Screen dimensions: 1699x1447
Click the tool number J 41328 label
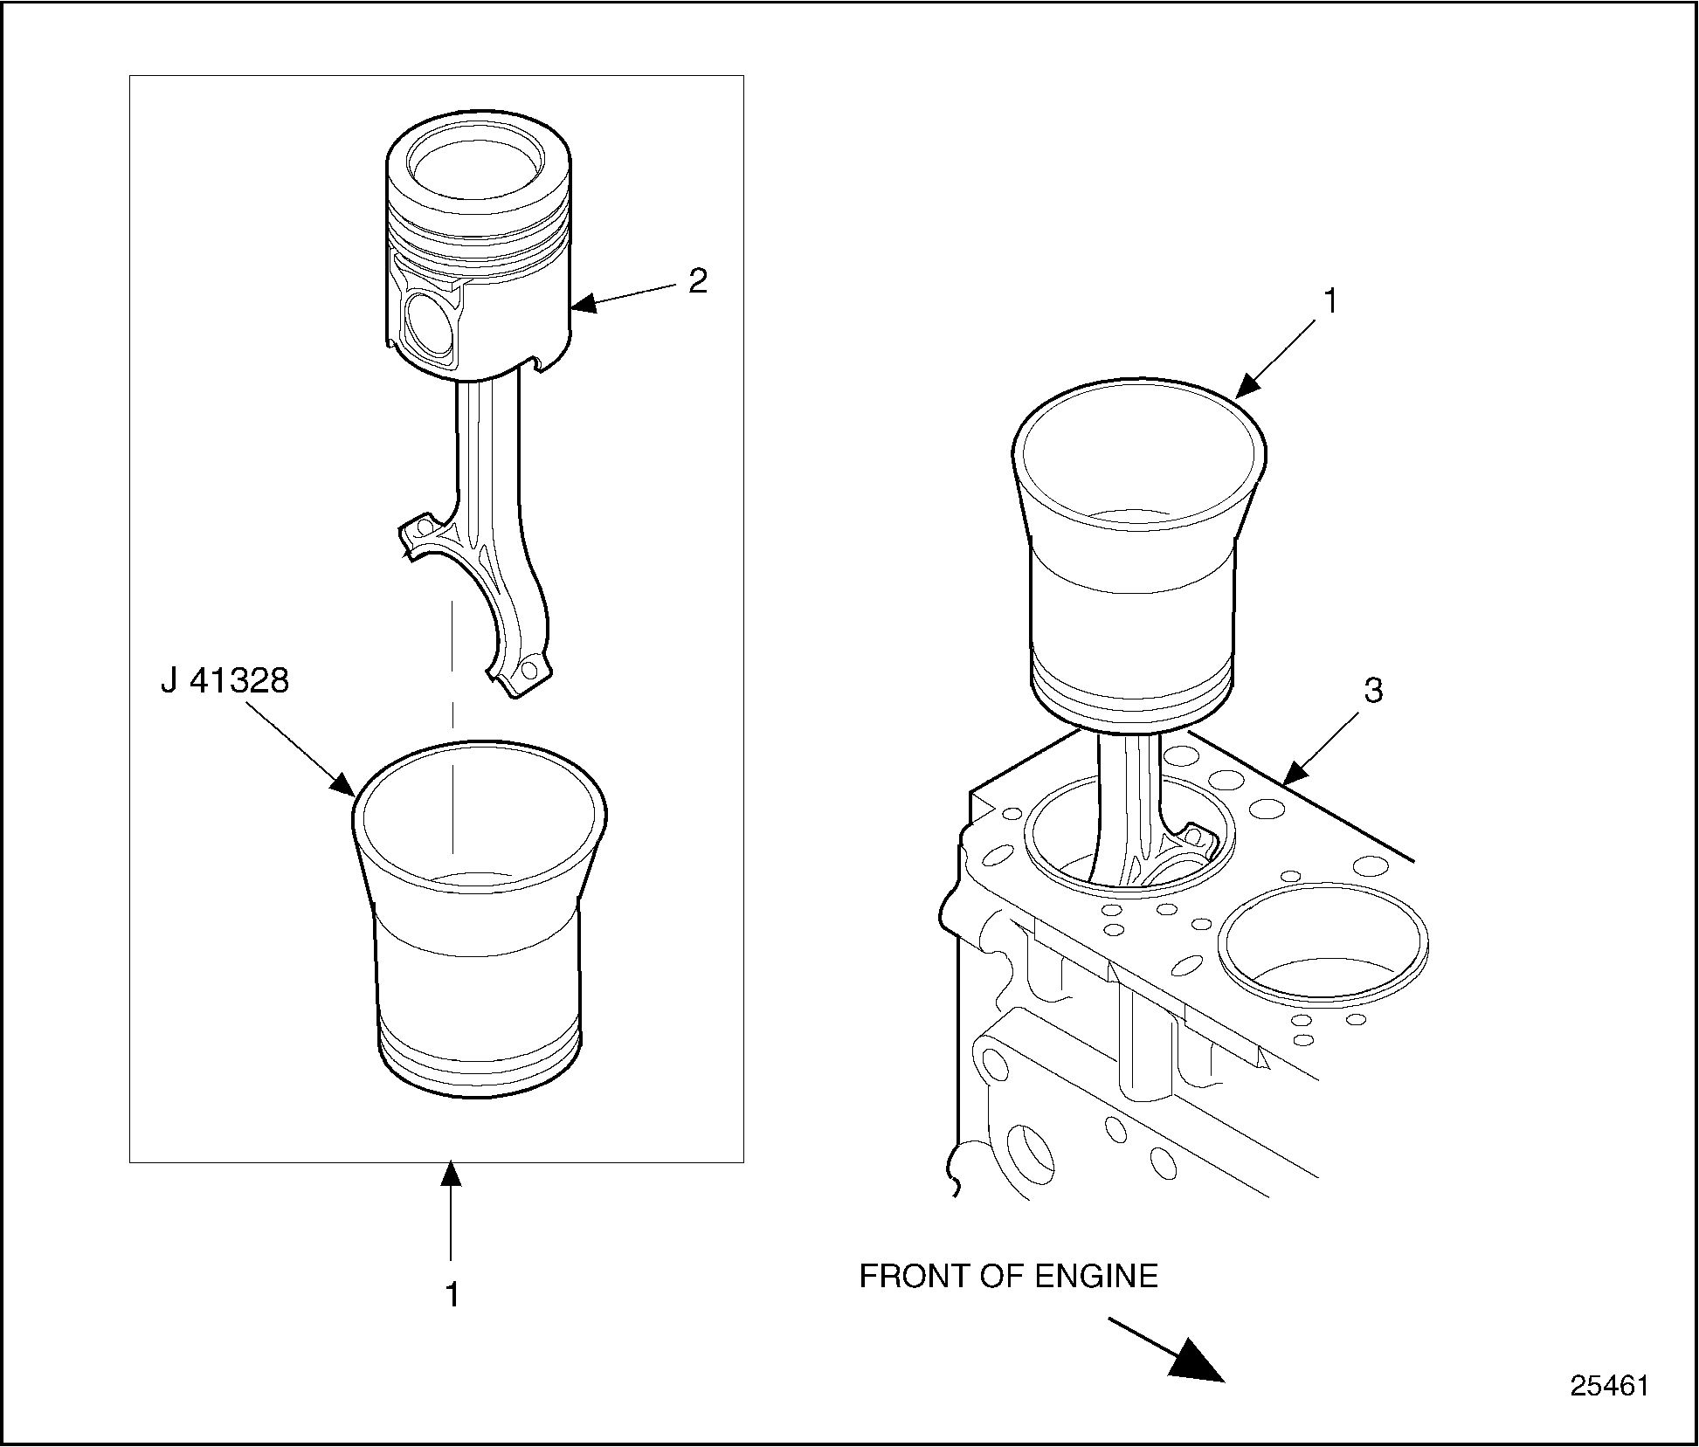224,680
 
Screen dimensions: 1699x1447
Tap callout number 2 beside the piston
697,281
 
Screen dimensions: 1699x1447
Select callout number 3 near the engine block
1373,691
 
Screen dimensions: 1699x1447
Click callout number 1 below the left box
452,1294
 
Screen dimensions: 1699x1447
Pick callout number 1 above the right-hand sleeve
1330,302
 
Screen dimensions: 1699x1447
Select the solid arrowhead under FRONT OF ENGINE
1198,1361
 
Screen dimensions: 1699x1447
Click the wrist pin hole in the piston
430,323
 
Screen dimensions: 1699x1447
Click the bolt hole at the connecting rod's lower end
527,671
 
